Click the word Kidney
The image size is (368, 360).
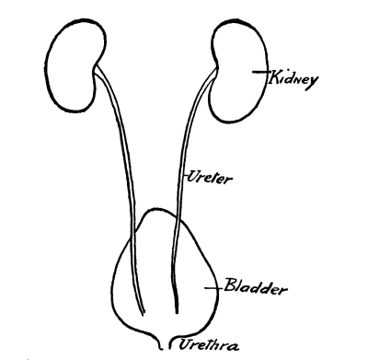pos(293,79)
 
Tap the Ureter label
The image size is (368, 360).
pos(210,177)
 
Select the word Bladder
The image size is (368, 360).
pos(255,287)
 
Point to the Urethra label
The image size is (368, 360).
pos(208,344)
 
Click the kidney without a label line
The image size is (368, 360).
pos(74,66)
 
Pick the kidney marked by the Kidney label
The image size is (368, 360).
pos(239,71)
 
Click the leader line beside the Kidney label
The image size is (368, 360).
pos(260,72)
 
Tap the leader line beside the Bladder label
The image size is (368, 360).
pos(213,288)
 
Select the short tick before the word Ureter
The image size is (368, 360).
pos(185,176)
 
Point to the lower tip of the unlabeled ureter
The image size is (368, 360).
pos(143,314)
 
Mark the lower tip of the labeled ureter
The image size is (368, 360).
pos(177,312)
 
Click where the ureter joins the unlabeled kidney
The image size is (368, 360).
pos(96,70)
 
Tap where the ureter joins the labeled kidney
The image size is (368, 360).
pos(216,71)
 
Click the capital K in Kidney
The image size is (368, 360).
pos(273,77)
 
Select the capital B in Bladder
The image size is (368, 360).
pos(230,285)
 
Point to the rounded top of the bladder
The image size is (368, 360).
pos(158,210)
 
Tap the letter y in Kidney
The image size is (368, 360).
pos(312,83)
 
